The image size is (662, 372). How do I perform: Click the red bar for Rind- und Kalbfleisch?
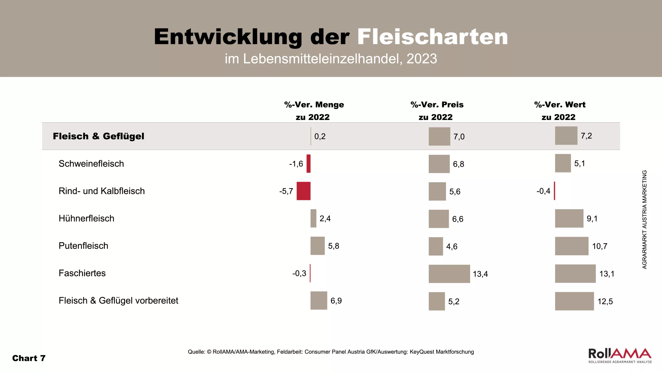(x=303, y=191)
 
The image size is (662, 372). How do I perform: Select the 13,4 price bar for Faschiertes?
(x=449, y=274)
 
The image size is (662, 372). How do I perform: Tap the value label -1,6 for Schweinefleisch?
(x=296, y=164)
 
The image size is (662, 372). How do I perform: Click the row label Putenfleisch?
(x=83, y=246)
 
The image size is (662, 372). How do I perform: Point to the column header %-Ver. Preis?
(x=437, y=111)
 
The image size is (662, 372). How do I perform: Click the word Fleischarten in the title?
(x=432, y=37)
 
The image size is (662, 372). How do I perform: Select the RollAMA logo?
(x=620, y=355)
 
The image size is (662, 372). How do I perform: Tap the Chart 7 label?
(x=29, y=358)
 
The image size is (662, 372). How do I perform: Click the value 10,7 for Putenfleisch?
(x=599, y=246)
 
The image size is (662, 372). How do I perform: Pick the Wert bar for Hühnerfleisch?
(x=569, y=218)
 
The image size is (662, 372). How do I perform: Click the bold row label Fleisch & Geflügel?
(x=99, y=136)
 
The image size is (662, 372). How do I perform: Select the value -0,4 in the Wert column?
(x=543, y=191)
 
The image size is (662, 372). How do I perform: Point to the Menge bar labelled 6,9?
(x=319, y=300)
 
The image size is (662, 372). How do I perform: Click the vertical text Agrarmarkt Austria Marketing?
(x=644, y=219)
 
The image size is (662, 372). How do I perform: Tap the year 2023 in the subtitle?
(x=422, y=59)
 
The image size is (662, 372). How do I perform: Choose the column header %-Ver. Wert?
(x=560, y=111)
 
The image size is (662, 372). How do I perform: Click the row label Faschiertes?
(x=82, y=273)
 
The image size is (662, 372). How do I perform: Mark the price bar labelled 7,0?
(x=439, y=136)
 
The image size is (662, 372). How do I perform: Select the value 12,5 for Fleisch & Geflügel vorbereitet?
(x=605, y=301)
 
